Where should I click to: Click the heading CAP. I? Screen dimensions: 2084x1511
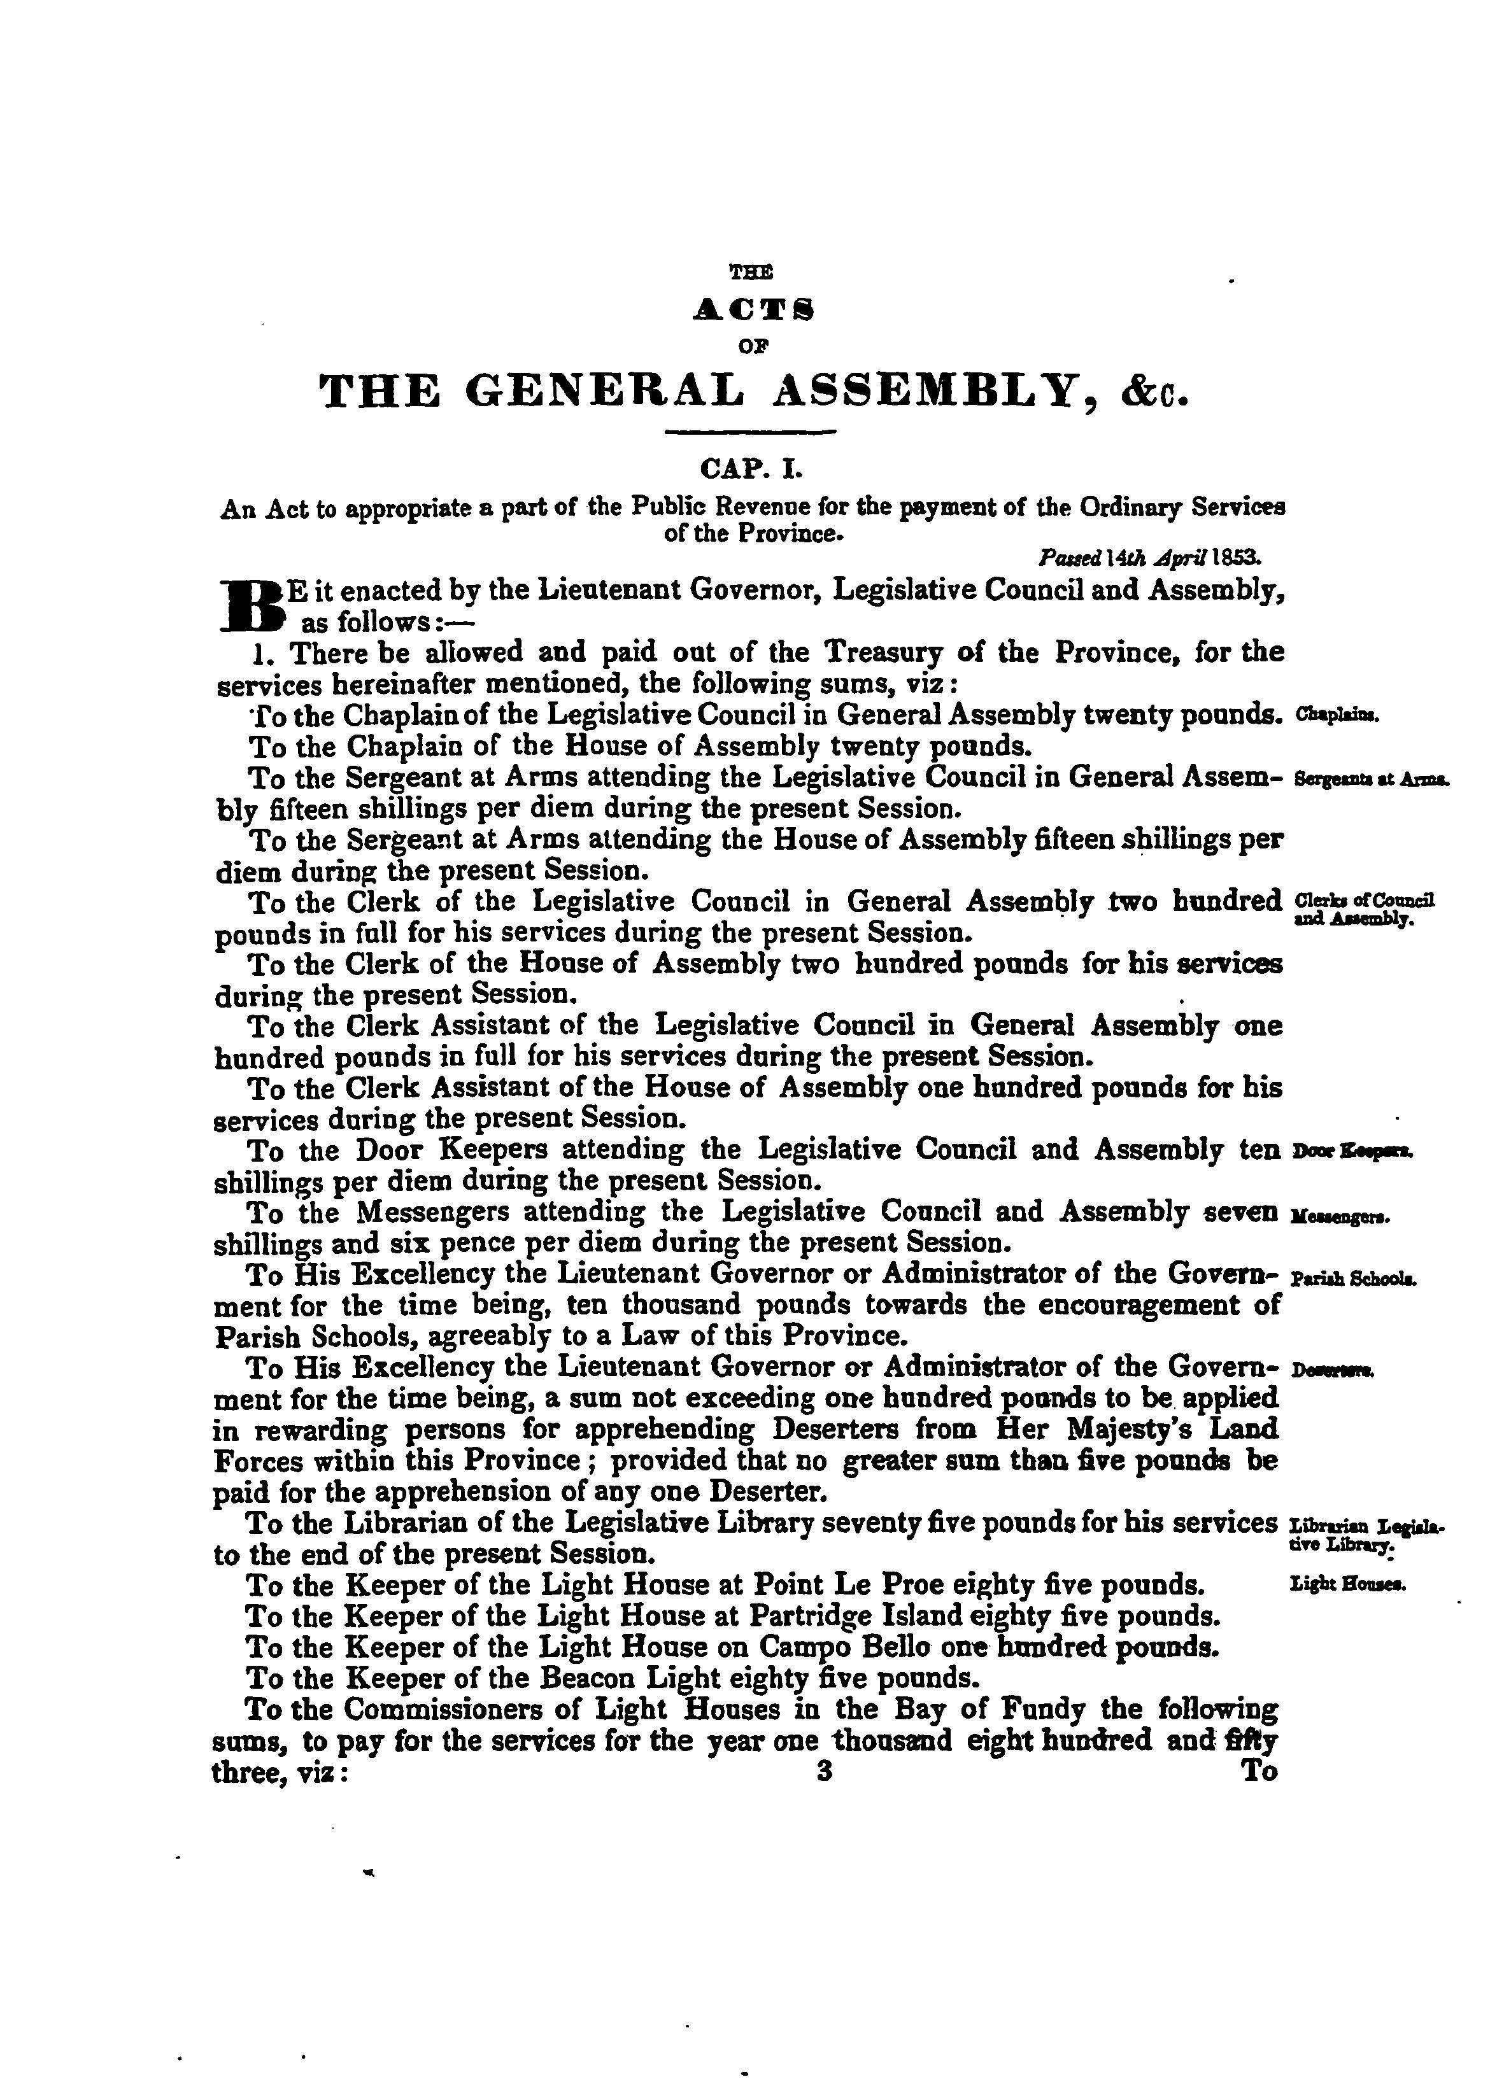pos(752,470)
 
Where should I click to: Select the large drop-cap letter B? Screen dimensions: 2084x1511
pos(250,605)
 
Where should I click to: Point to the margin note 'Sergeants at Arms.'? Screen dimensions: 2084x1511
pos(1370,779)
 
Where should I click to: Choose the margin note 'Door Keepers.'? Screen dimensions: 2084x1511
pos(1352,1151)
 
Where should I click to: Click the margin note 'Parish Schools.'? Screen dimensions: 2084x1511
pos(1353,1278)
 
